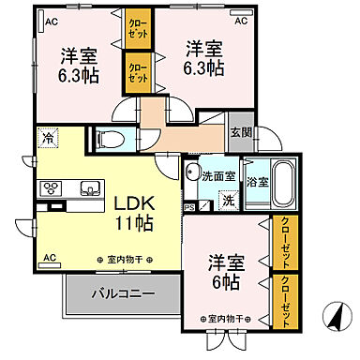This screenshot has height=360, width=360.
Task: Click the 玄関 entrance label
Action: [x=240, y=131]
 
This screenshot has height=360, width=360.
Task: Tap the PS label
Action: [x=190, y=208]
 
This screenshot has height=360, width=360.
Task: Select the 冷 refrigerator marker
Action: [x=48, y=139]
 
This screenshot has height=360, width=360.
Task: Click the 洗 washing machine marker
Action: [x=228, y=199]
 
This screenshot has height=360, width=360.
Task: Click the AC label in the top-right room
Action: [x=240, y=20]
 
